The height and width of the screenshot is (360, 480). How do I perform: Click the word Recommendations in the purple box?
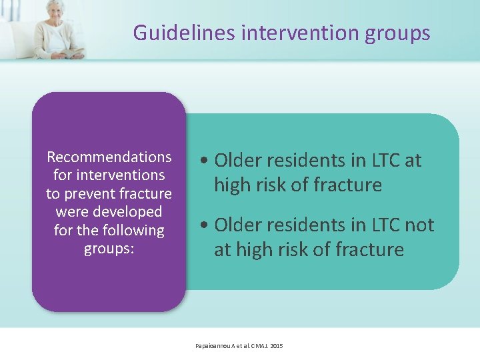point(109,157)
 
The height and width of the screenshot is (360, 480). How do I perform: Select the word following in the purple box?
point(129,231)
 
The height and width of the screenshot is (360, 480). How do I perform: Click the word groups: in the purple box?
point(109,249)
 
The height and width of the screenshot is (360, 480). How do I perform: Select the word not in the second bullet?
point(419,225)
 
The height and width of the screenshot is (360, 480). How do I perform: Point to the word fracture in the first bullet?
point(350,185)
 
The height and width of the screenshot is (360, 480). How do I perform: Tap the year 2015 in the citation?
point(277,345)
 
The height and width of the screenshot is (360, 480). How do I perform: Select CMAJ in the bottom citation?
point(257,345)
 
